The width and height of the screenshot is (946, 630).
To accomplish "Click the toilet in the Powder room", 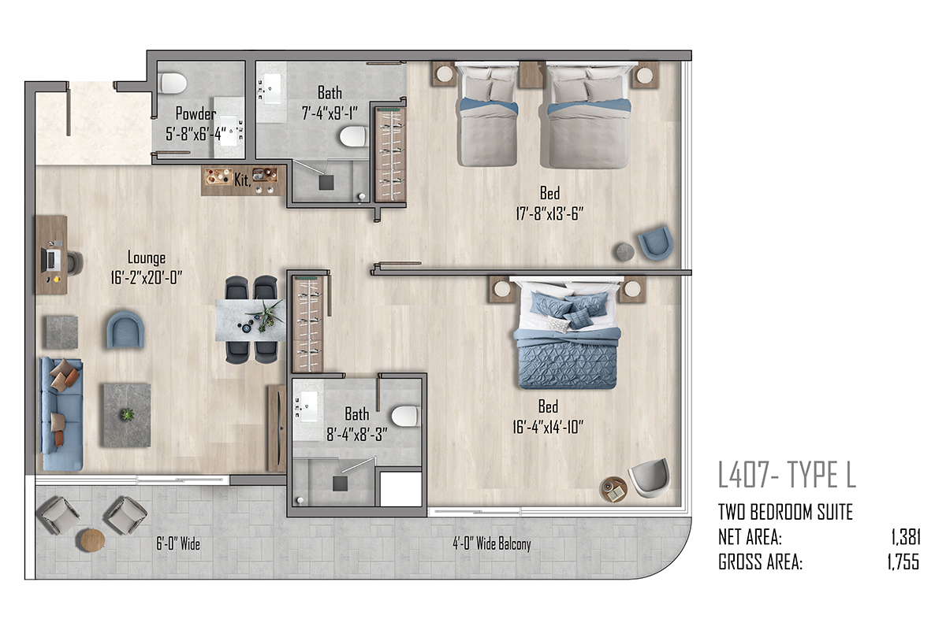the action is coord(173,83).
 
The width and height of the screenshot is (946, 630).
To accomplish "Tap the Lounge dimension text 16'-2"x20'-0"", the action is coord(146,278).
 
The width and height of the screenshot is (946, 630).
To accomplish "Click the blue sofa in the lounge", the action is coord(61,413).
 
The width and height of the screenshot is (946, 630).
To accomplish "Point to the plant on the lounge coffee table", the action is coord(127,414).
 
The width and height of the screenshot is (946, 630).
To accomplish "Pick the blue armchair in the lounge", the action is coord(125,330).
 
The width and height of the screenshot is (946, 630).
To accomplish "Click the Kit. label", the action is coord(243,180).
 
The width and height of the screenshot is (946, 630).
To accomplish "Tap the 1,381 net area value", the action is coord(906,537).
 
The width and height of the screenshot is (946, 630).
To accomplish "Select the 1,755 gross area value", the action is coord(903,561).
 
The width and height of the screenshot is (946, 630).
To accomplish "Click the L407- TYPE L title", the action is coord(787,475).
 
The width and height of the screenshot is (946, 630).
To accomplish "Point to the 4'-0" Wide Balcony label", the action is coord(492,543).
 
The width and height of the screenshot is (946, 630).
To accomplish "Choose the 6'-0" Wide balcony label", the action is coord(178,543).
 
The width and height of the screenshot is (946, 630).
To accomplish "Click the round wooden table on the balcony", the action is coord(92,539).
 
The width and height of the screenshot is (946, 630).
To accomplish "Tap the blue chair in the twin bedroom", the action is coord(655,243).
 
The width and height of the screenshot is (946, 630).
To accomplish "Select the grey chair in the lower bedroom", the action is coord(650,478).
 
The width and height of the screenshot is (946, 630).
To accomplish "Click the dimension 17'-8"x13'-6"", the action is coord(549,213).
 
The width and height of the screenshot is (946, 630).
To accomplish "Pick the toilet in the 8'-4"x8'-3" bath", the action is coord(405,417).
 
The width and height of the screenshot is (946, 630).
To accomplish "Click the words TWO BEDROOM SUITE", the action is coord(785,512).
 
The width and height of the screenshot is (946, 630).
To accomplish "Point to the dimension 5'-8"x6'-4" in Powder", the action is coord(196,134).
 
